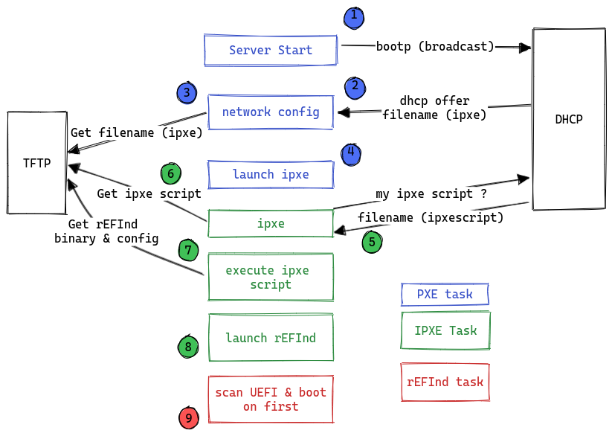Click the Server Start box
click(270, 50)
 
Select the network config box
click(271, 112)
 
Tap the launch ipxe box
click(271, 174)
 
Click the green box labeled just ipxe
click(271, 223)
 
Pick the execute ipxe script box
click(271, 278)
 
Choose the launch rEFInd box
click(271, 338)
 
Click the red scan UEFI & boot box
click(271, 399)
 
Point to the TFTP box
click(37, 163)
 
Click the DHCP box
click(568, 119)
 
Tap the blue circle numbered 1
click(354, 16)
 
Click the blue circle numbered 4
click(351, 153)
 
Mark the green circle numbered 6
click(171, 174)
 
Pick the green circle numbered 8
click(189, 347)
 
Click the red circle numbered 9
click(189, 418)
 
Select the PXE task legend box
click(445, 294)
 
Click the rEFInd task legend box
click(445, 382)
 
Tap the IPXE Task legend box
click(445, 330)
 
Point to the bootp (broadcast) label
click(435, 46)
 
